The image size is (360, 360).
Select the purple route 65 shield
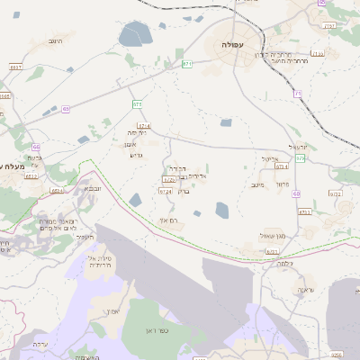[66, 109]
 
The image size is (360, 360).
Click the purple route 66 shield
[35, 146]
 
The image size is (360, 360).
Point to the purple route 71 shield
[297, 94]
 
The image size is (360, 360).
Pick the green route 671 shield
[187, 64]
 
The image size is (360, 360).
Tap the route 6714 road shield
[145, 127]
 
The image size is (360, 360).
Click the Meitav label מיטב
[256, 184]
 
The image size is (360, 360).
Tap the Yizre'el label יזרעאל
[298, 146]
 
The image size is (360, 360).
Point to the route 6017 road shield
[16, 67]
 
